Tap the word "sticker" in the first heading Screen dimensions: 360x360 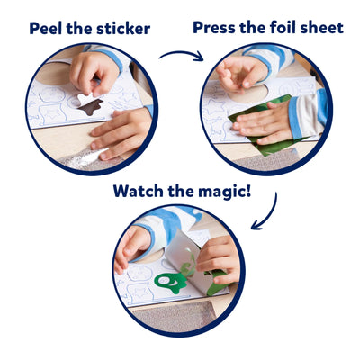121,29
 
